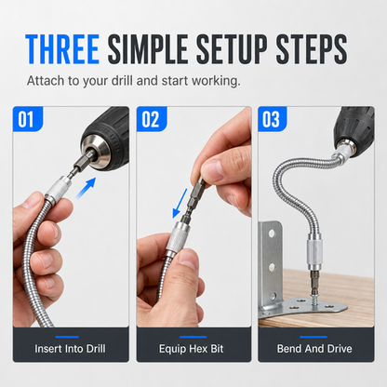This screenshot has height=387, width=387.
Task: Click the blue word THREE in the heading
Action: pos(62,49)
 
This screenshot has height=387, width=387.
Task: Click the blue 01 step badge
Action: pos(27,119)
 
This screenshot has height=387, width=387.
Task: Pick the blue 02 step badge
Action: pos(152,119)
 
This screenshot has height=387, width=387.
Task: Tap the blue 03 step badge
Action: pos(272,119)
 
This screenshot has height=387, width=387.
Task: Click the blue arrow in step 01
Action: pos(86,188)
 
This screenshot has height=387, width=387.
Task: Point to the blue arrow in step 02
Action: pos(180,203)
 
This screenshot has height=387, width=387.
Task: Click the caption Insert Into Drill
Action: pos(70,349)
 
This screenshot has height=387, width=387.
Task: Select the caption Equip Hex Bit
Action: pos(192,349)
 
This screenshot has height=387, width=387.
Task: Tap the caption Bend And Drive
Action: pos(314,349)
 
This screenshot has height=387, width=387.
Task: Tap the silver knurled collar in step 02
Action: pos(177,238)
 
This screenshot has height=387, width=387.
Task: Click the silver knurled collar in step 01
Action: pos(59,190)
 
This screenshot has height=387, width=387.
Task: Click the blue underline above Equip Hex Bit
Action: pos(193,337)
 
